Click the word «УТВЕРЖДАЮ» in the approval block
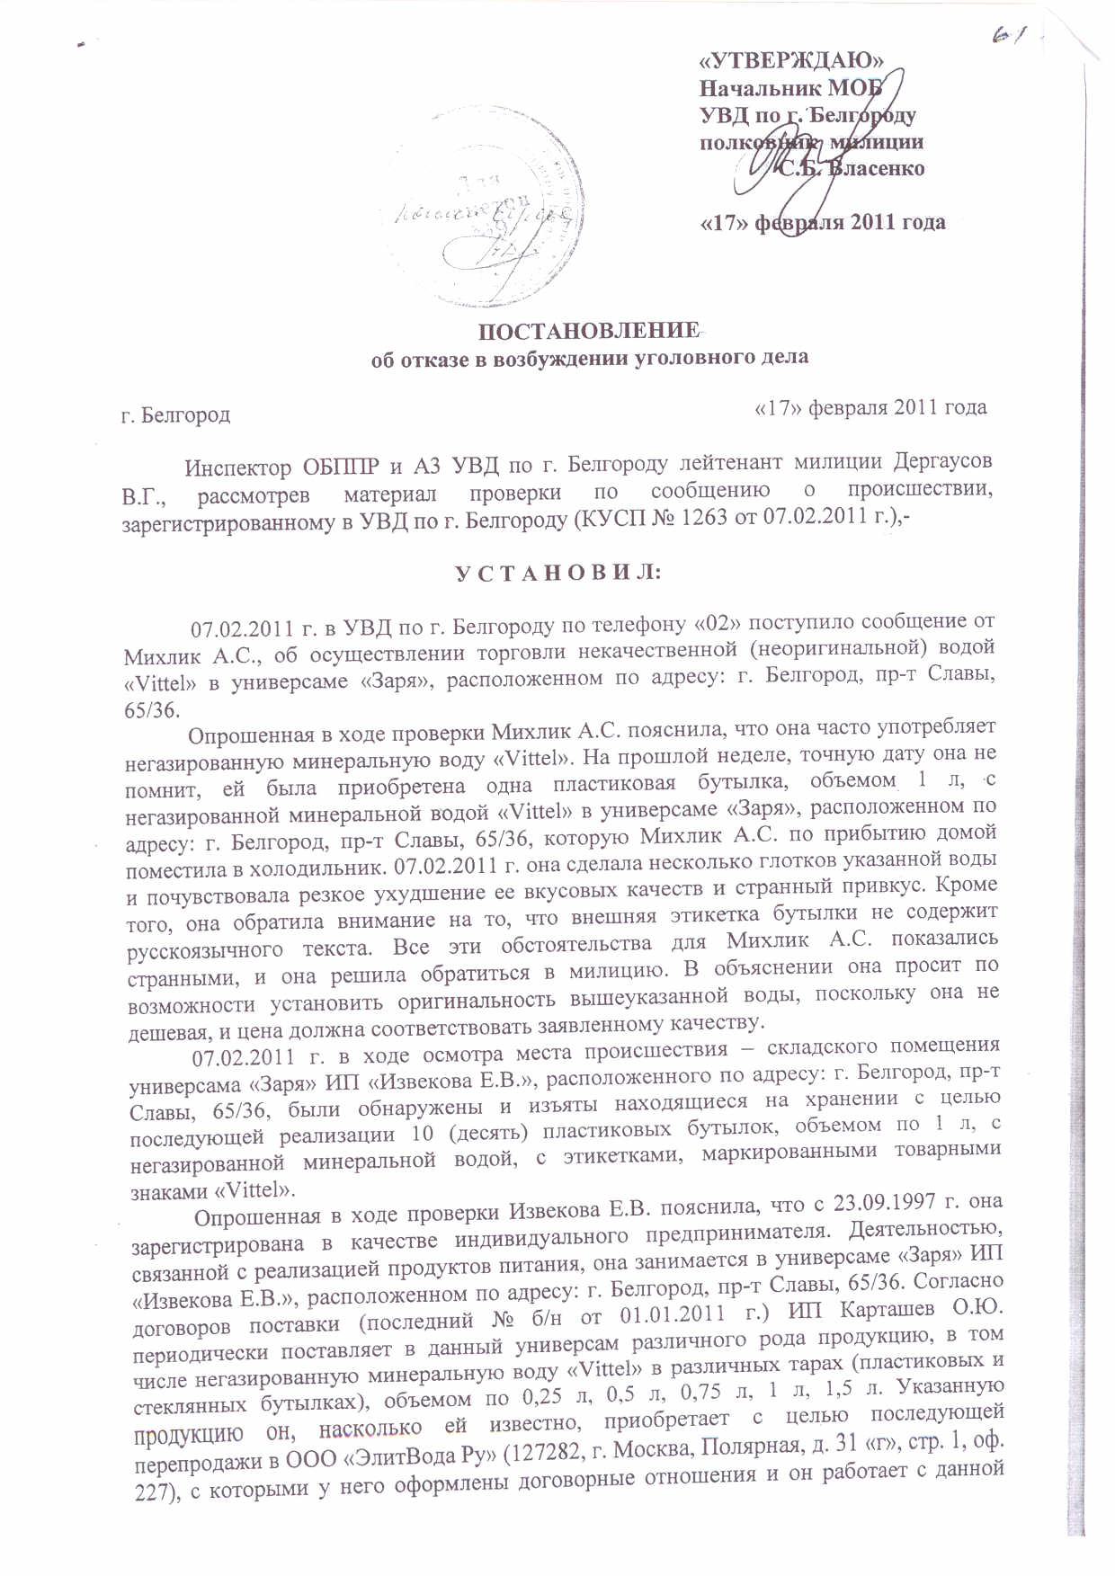791,60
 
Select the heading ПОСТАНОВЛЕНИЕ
589,331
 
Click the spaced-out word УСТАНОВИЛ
557,573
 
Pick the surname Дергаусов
943,462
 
